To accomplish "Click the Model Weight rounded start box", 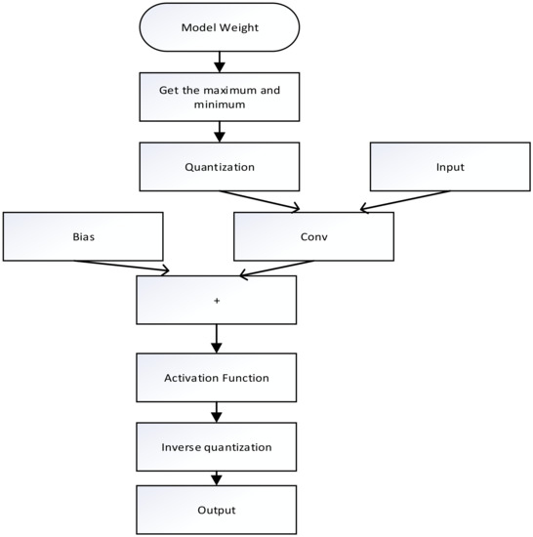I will point(219,26).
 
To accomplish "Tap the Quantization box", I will point(219,167).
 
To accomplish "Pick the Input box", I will point(450,167).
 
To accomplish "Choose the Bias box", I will point(82,235).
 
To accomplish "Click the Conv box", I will point(313,235).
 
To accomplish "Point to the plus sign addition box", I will point(217,301).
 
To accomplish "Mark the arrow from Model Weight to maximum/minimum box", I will point(219,61).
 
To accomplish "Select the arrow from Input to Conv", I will point(405,199).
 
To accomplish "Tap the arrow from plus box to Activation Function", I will point(217,339).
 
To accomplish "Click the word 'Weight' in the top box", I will point(238,26).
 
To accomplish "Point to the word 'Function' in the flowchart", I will point(245,376).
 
